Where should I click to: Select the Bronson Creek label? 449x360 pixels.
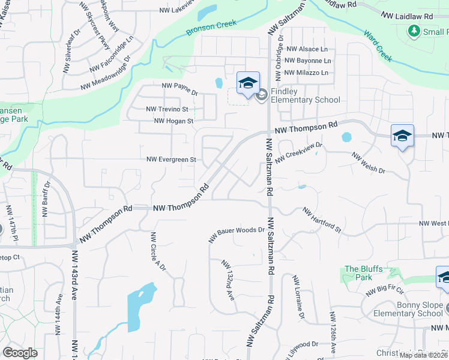coord(211,28)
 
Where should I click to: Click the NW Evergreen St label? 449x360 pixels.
coord(172,160)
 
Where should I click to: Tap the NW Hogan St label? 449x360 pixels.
coord(173,121)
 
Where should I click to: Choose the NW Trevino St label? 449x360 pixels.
coord(167,109)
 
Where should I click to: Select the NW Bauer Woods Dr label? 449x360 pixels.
coord(237,234)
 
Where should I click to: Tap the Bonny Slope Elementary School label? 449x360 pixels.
coord(408,309)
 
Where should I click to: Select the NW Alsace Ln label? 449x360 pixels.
coord(307,49)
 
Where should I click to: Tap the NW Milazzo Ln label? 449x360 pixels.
coord(307,73)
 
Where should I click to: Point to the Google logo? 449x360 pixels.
coord(20,353)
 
